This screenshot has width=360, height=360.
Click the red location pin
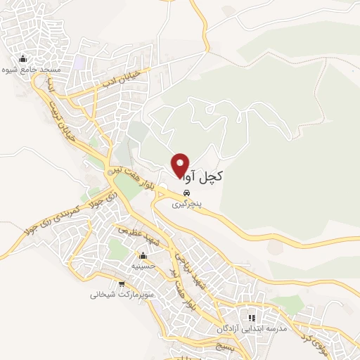coord(181,165)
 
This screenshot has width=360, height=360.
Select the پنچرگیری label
coord(187,205)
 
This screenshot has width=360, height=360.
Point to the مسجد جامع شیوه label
coord(32,70)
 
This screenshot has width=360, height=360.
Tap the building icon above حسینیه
coord(143,255)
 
